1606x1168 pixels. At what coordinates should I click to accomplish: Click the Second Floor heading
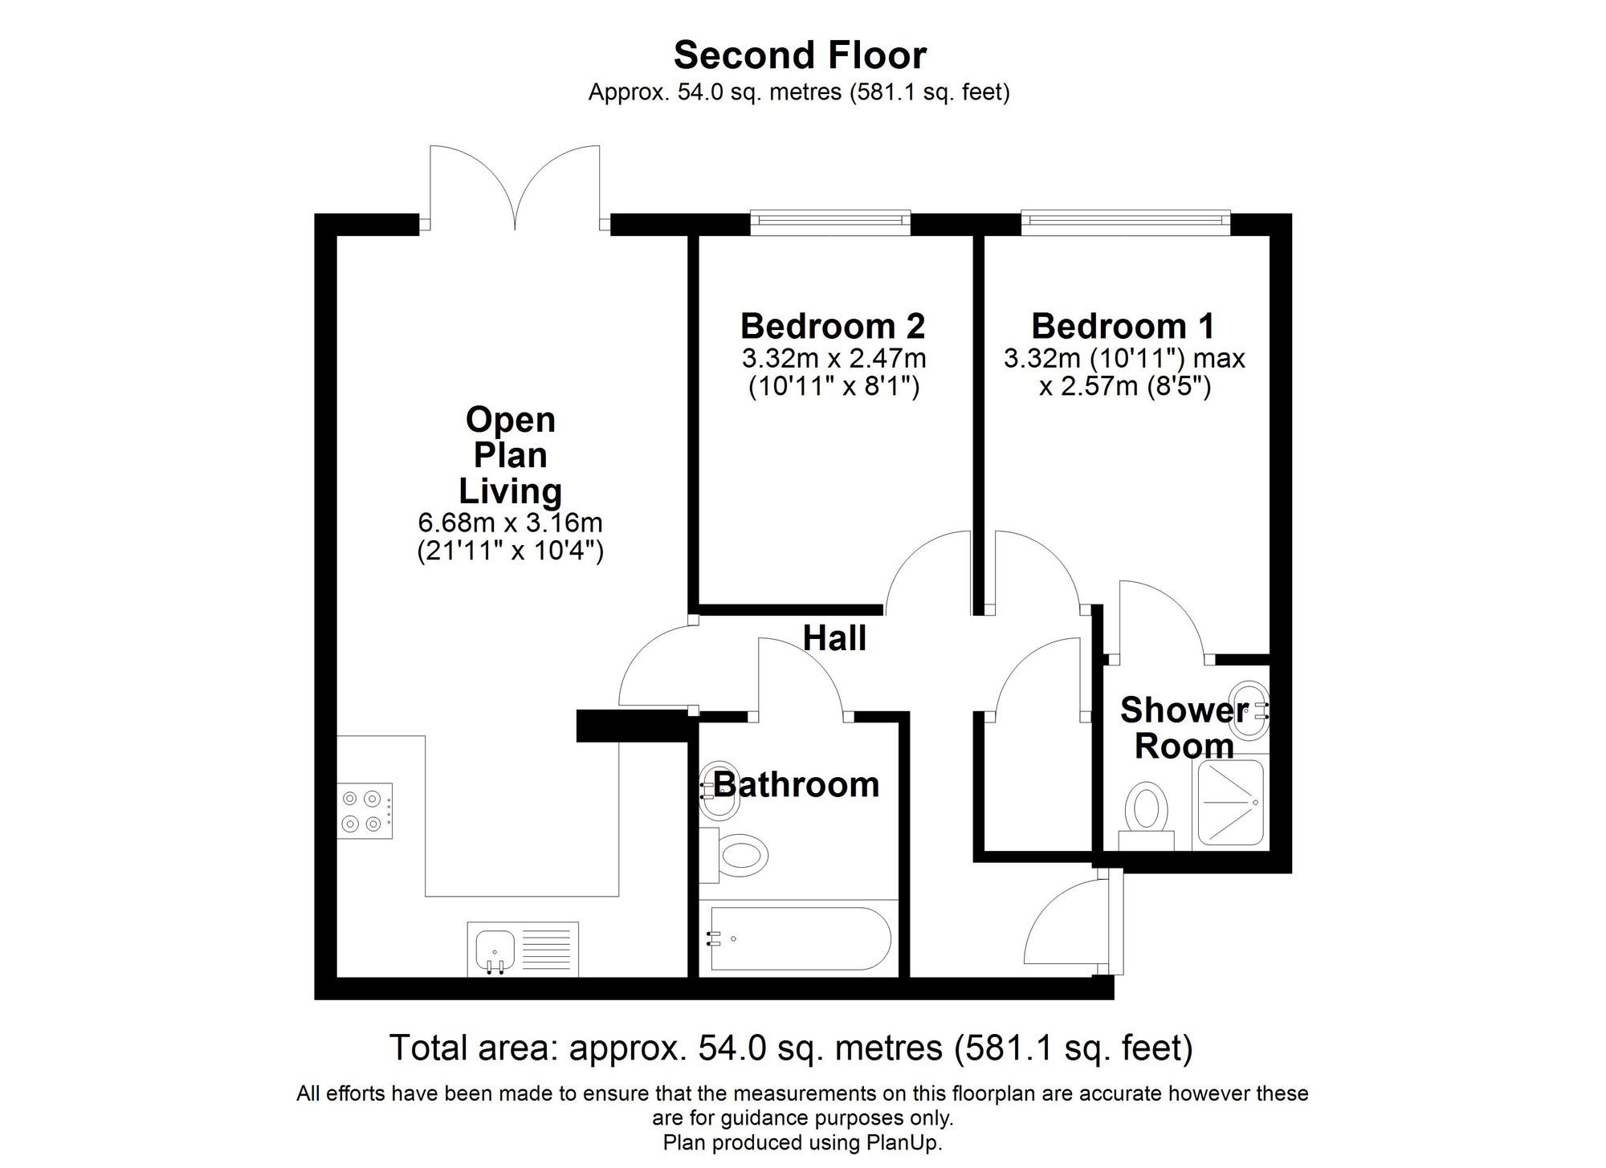point(800,55)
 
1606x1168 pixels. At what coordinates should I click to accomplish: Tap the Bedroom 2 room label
point(833,326)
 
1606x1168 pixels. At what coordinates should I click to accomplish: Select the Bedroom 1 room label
point(1123,326)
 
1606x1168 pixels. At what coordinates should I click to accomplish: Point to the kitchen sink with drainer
point(523,948)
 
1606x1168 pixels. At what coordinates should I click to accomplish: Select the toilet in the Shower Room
point(1146,812)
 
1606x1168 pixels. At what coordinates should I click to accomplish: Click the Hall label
point(834,638)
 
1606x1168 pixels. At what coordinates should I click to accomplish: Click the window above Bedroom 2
point(830,223)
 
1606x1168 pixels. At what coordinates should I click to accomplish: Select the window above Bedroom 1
point(1125,223)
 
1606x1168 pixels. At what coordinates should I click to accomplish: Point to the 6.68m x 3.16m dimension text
point(510,523)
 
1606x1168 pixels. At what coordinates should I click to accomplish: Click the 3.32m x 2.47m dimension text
point(834,357)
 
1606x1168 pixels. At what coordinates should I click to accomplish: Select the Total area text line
point(790,1048)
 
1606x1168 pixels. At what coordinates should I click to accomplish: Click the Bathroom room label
point(797,784)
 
